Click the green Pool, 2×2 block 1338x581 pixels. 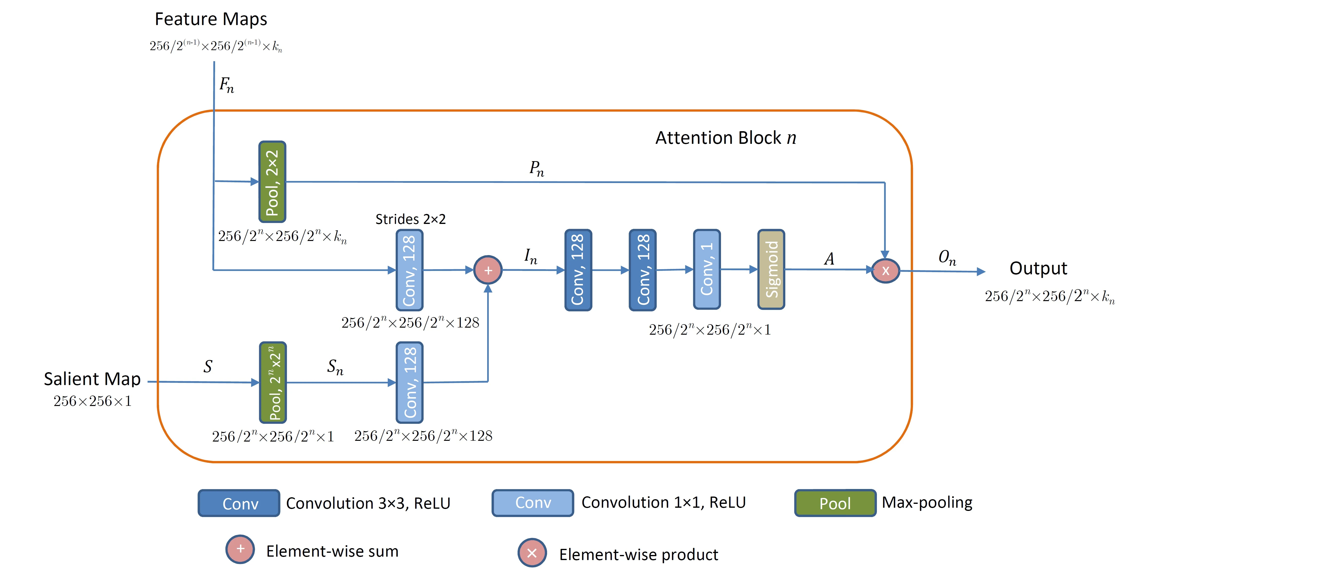[x=272, y=182]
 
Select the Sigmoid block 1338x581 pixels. [x=771, y=269]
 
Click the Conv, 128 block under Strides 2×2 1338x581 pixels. [x=409, y=270]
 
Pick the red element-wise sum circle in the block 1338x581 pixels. [x=488, y=270]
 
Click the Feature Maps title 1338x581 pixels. [x=211, y=19]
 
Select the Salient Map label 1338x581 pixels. [x=92, y=379]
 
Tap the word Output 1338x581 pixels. [x=1038, y=268]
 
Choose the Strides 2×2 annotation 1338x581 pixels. [x=410, y=219]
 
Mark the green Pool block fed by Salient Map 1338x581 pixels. [x=273, y=383]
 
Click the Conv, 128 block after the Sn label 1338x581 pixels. [x=409, y=383]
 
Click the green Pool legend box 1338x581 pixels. [x=835, y=503]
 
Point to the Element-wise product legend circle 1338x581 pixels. [x=532, y=553]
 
